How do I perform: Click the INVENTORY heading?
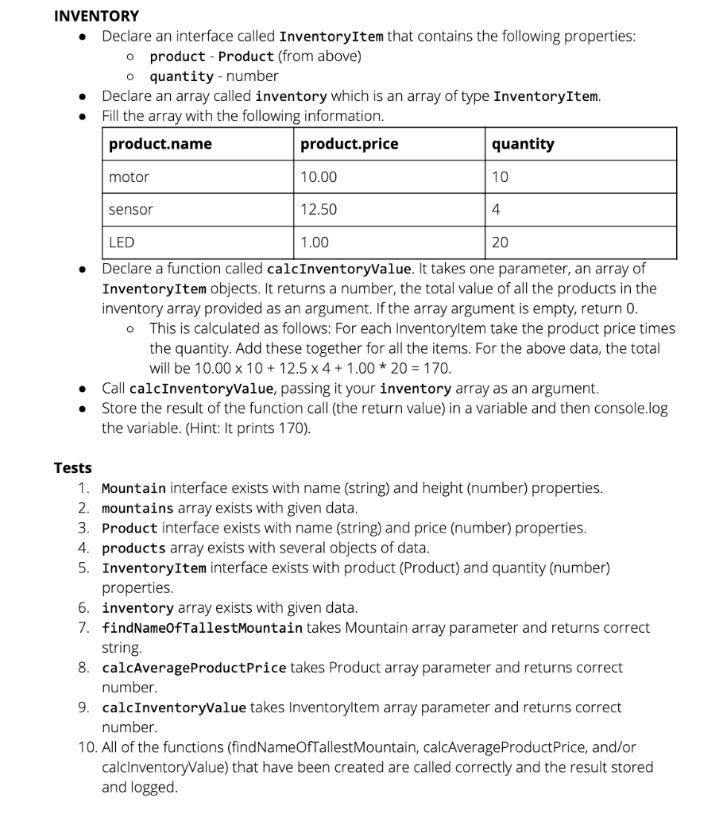pyautogui.click(x=96, y=16)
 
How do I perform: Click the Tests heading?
pyautogui.click(x=72, y=467)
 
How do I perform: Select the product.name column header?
pyautogui.click(x=160, y=144)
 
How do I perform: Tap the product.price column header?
pyautogui.click(x=350, y=144)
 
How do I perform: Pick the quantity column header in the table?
pyautogui.click(x=523, y=144)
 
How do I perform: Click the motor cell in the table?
pyautogui.click(x=129, y=177)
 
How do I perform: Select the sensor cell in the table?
pyautogui.click(x=131, y=210)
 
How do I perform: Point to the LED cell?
pyautogui.click(x=122, y=242)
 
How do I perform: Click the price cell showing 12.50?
pyautogui.click(x=319, y=210)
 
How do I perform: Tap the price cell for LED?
pyautogui.click(x=315, y=242)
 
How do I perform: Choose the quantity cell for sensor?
pyautogui.click(x=496, y=210)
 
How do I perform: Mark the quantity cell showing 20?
pyautogui.click(x=500, y=242)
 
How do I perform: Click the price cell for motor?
pyautogui.click(x=319, y=177)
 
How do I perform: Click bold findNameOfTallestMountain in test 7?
pyautogui.click(x=202, y=628)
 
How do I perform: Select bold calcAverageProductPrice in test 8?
pyautogui.click(x=194, y=668)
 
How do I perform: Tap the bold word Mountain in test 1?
pyautogui.click(x=133, y=488)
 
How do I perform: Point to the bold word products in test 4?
pyautogui.click(x=133, y=548)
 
